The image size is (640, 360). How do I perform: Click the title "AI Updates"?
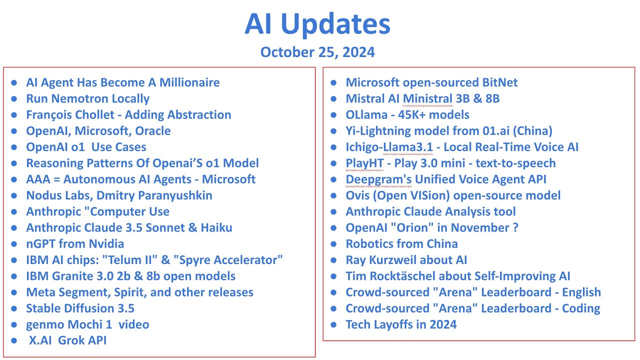317,24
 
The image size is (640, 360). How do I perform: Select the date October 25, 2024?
317,52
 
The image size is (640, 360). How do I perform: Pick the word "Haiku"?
215,228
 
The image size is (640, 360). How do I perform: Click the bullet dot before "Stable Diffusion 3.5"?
14,308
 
